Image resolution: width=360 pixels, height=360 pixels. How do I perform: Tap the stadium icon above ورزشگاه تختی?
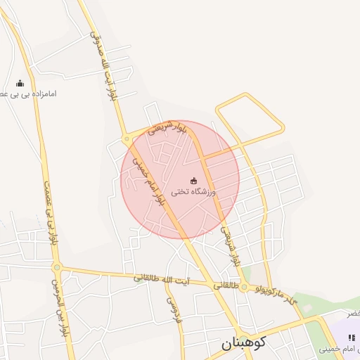pos(194,181)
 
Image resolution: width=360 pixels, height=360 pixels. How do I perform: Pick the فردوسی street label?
pos(172,309)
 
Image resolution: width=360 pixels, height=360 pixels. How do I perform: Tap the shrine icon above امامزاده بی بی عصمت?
pos(19,83)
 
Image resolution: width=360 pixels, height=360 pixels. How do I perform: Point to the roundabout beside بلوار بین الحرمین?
pos(58,267)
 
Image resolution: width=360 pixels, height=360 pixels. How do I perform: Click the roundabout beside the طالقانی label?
pos(243,287)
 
